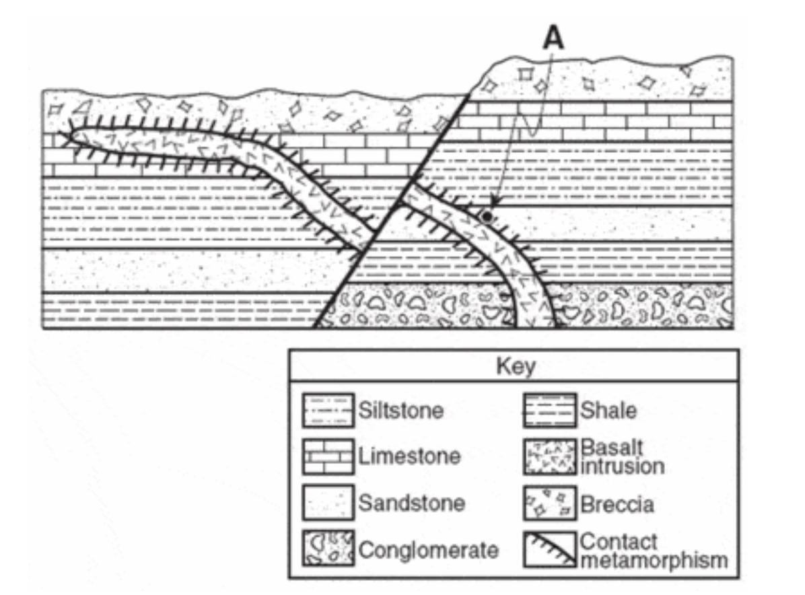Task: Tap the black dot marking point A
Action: (x=487, y=216)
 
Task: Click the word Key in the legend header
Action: (x=515, y=367)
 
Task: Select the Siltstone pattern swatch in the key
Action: (x=328, y=409)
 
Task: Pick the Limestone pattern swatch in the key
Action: (x=328, y=456)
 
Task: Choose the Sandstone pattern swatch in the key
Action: (x=328, y=503)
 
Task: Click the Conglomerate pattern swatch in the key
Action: (x=328, y=549)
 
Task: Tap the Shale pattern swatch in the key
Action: (x=550, y=409)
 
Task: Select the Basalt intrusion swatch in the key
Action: (x=550, y=456)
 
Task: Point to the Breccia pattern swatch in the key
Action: (x=550, y=503)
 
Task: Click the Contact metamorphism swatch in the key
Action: (x=550, y=549)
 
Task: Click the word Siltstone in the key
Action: (x=401, y=410)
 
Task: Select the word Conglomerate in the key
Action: (x=429, y=551)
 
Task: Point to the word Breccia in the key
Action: (x=617, y=503)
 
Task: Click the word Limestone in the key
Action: (x=410, y=456)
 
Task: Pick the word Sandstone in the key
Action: (x=412, y=503)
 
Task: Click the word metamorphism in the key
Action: (x=654, y=560)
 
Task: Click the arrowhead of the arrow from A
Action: (x=493, y=205)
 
